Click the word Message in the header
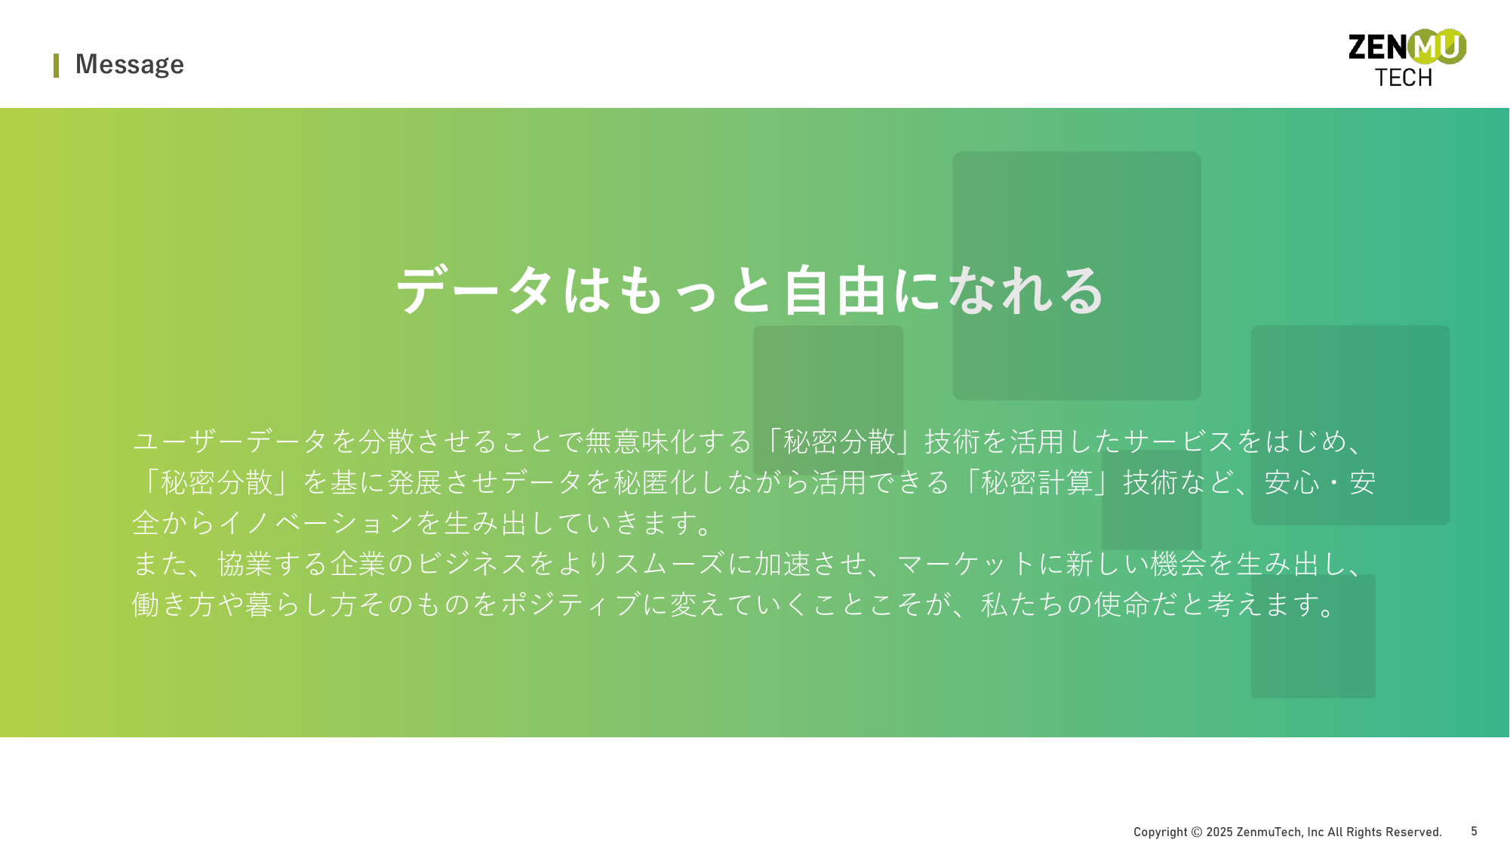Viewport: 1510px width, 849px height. click(130, 65)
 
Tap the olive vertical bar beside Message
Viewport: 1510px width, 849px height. click(56, 66)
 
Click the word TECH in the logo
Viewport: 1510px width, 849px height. click(1403, 78)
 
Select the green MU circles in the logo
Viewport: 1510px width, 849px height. click(1437, 47)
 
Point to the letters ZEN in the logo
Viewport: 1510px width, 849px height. click(1378, 48)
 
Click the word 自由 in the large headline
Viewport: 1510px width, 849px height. click(834, 291)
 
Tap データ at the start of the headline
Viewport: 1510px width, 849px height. click(477, 291)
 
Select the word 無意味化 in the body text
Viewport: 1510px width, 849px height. click(641, 441)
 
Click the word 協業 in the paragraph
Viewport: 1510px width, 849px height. click(245, 564)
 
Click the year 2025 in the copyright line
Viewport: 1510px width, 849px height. click(1219, 832)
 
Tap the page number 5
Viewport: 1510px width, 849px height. click(1474, 831)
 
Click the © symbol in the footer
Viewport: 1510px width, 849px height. click(1196, 832)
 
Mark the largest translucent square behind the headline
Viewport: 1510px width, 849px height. click(1076, 275)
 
